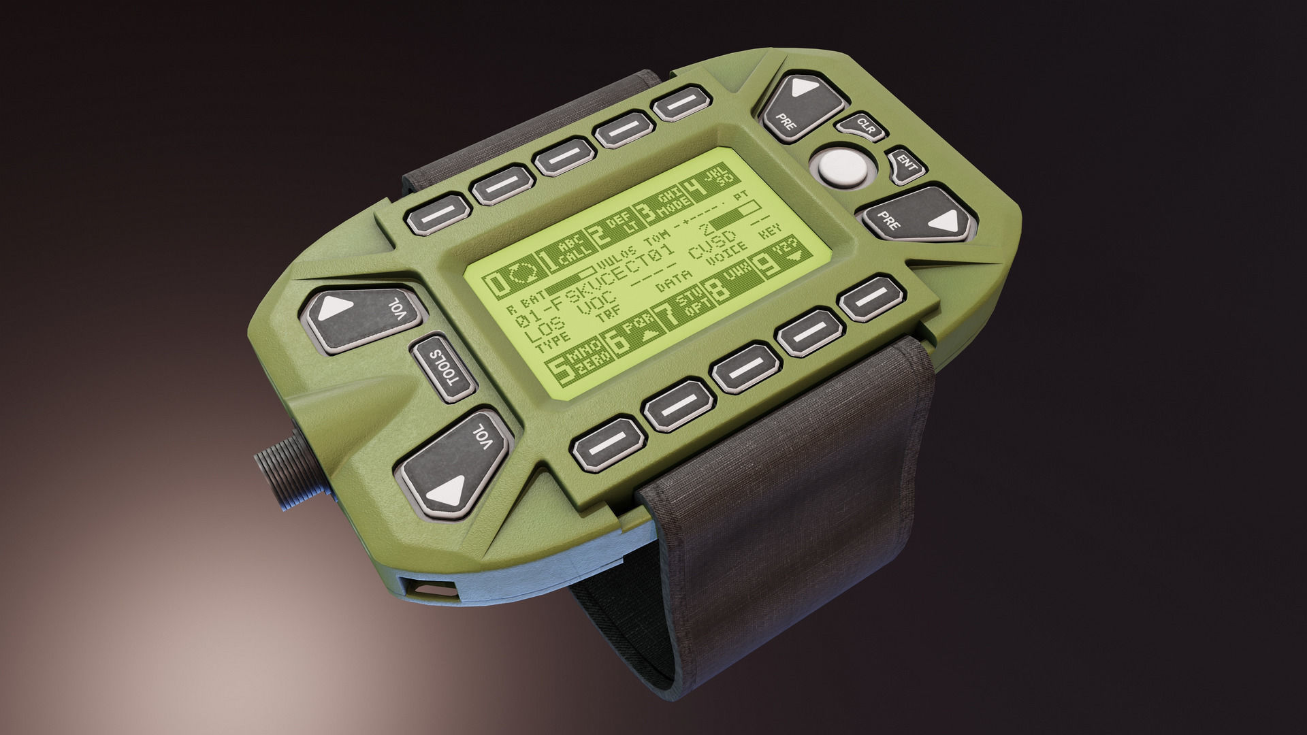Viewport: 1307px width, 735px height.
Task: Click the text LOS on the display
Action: tap(534, 333)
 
